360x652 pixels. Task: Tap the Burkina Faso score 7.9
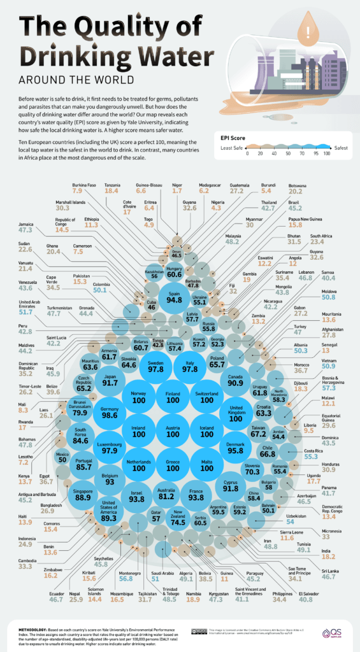(x=78, y=190)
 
